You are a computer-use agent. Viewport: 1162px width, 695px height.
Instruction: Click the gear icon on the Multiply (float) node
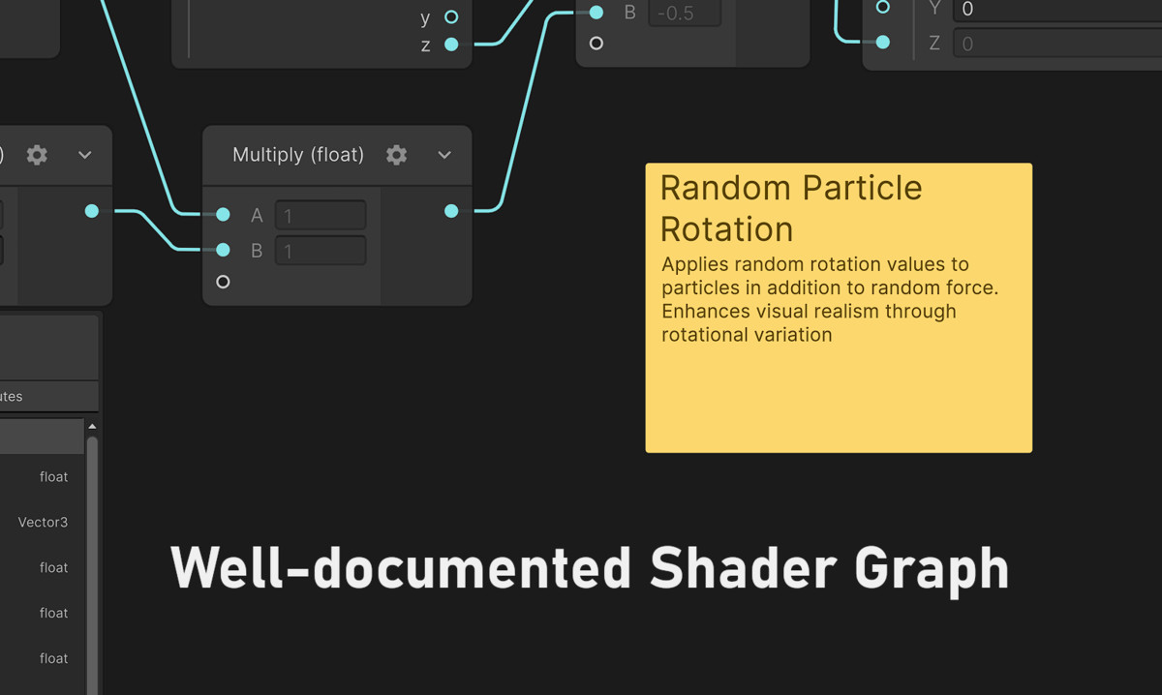point(396,155)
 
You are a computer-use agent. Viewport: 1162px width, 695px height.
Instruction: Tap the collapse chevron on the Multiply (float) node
point(444,155)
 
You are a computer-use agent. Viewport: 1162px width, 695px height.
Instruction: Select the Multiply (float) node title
point(298,155)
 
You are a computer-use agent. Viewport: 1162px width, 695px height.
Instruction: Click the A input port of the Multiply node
point(223,214)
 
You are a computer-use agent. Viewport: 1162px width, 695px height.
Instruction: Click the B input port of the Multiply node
point(223,250)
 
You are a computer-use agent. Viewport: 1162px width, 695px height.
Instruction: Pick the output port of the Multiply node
point(451,211)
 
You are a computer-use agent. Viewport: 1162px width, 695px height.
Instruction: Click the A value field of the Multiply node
point(321,215)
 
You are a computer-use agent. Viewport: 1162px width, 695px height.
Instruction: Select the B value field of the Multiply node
point(321,251)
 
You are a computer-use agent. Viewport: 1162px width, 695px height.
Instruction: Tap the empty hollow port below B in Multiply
point(223,282)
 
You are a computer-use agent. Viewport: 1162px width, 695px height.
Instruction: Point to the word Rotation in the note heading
point(727,229)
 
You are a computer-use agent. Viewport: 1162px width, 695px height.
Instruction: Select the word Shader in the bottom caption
point(744,568)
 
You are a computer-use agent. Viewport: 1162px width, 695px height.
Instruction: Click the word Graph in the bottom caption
point(932,571)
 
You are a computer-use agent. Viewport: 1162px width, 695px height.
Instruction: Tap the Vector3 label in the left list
point(43,522)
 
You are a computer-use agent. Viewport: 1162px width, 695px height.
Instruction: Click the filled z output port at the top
point(451,45)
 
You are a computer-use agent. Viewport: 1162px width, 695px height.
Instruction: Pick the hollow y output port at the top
point(451,17)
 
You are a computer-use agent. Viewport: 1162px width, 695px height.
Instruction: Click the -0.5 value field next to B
point(685,13)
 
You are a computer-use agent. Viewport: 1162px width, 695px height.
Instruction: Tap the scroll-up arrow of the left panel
point(92,426)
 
